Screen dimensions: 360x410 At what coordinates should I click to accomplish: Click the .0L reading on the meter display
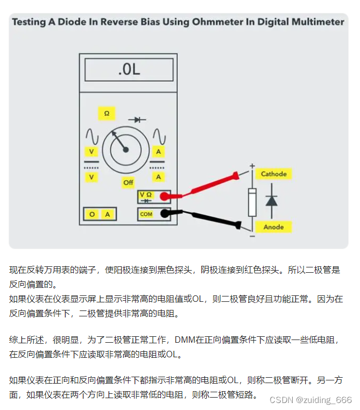(x=129, y=69)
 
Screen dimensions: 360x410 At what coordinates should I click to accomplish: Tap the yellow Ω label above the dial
(x=107, y=114)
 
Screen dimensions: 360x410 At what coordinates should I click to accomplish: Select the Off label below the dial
(x=128, y=182)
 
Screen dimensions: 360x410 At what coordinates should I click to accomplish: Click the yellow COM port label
(x=146, y=214)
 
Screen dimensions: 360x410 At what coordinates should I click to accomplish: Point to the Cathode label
(x=274, y=174)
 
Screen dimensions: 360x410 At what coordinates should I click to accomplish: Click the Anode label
(x=273, y=227)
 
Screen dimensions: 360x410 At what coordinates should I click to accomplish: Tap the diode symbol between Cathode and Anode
(x=271, y=201)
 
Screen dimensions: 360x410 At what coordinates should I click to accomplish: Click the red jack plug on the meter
(x=165, y=196)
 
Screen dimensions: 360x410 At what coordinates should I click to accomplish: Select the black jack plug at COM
(x=165, y=214)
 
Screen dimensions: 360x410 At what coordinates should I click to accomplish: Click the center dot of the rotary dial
(x=126, y=150)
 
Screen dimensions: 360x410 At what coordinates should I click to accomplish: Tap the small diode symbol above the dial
(x=137, y=120)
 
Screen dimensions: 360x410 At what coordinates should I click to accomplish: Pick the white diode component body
(x=252, y=202)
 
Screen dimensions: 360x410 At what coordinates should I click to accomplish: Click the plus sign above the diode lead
(x=252, y=166)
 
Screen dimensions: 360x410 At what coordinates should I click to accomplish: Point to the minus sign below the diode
(x=252, y=236)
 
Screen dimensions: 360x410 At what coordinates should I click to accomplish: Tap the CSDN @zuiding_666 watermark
(x=310, y=400)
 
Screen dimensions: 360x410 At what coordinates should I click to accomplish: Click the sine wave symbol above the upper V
(x=92, y=136)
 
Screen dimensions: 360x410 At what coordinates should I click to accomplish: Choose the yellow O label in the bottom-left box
(x=92, y=214)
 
